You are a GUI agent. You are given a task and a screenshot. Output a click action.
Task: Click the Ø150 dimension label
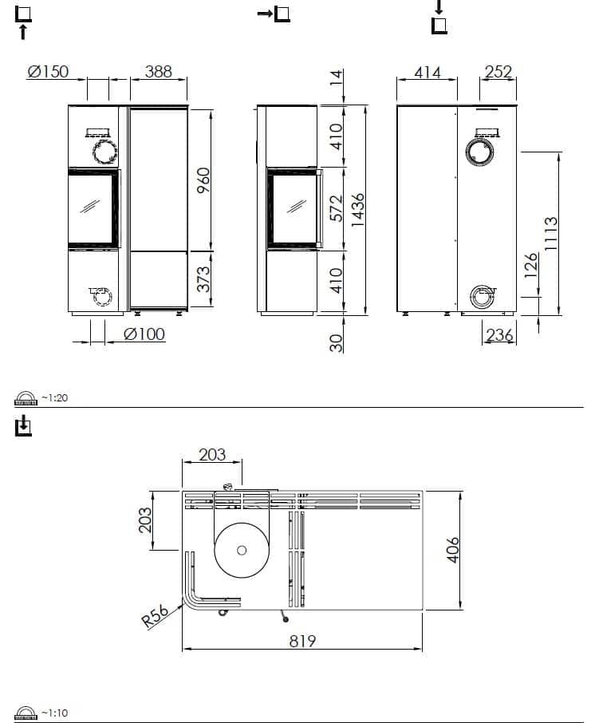(48, 72)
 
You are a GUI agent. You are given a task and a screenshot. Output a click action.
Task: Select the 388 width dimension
(158, 72)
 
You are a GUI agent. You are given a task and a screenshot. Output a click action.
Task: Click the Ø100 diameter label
(145, 334)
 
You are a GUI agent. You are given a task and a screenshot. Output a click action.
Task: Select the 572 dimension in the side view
(336, 209)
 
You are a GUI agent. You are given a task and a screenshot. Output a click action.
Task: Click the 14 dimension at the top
(336, 78)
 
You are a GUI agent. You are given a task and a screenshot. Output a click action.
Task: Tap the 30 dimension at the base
(336, 342)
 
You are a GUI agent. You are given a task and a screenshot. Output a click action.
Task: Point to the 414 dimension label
(427, 73)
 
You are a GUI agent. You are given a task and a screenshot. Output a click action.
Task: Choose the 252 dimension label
(498, 73)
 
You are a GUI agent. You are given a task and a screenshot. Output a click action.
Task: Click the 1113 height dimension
(550, 233)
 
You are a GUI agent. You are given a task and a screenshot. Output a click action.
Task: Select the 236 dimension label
(499, 335)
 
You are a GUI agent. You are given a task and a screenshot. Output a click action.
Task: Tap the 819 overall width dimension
(302, 640)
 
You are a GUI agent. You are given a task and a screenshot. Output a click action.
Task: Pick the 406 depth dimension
(453, 550)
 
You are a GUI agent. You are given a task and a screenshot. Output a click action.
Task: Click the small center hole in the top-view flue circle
(242, 550)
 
